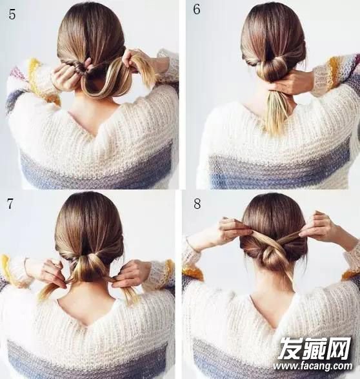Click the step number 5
pos(12,14)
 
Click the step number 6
pos(197,10)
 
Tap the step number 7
pos(10,204)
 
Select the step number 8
pos(197,204)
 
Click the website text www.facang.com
pos(312,366)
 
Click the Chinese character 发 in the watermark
pos(290,348)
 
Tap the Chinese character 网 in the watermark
pos(339,348)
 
